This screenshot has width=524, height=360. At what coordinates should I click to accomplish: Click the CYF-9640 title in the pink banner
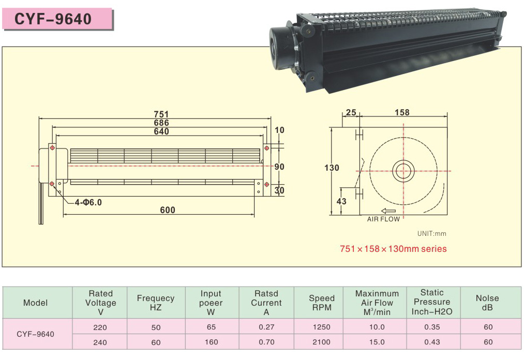tap(53, 19)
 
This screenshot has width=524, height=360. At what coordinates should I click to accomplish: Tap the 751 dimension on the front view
tap(161, 114)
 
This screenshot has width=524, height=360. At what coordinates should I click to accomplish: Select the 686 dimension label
tap(161, 123)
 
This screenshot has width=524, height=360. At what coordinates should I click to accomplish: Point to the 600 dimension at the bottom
tap(168, 210)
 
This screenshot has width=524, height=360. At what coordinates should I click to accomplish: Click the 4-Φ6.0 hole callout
tap(88, 202)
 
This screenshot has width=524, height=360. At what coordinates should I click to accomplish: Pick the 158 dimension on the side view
tap(402, 112)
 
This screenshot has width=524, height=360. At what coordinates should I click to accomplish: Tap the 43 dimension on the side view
tap(341, 201)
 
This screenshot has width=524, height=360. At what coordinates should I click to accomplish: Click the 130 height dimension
tap(332, 168)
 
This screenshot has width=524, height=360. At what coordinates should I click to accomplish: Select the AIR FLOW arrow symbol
tap(388, 211)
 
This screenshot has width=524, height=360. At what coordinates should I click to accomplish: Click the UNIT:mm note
tap(431, 234)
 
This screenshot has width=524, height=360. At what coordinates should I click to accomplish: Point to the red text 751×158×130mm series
tap(393, 249)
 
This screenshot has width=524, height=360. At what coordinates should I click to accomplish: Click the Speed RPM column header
tap(321, 303)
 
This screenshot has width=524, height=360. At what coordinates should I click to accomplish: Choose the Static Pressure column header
tap(432, 302)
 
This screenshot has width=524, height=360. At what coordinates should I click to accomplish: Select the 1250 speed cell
tap(321, 327)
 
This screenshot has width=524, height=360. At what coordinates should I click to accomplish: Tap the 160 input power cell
tap(211, 342)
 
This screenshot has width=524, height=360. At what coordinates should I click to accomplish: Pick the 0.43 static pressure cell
tap(432, 342)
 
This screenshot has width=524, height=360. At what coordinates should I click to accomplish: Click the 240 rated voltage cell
tap(100, 342)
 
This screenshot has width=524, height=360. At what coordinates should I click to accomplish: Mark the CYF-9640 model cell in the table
tap(35, 334)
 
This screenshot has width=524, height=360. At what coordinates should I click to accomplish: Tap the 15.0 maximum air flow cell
tap(377, 342)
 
